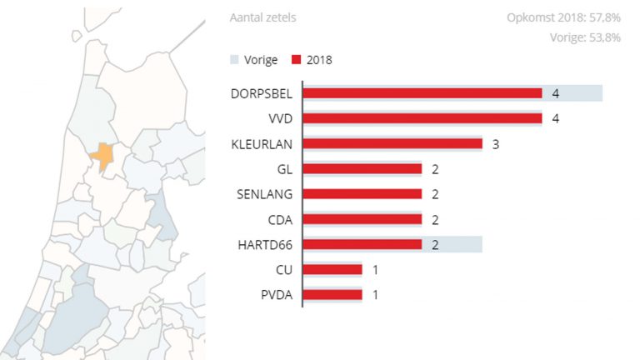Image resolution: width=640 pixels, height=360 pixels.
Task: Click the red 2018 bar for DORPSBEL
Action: [x=422, y=93]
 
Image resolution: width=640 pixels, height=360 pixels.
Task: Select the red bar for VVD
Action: [x=422, y=118]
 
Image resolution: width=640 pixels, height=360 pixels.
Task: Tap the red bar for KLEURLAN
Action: [x=392, y=143]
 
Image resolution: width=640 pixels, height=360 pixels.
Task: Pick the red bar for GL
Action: [x=362, y=169]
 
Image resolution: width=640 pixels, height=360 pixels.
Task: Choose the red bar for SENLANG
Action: [x=362, y=194]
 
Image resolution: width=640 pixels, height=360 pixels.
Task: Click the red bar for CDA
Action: [x=362, y=219]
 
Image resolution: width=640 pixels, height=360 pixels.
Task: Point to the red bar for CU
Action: [x=332, y=269]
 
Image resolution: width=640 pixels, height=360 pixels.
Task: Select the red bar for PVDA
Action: [x=332, y=294]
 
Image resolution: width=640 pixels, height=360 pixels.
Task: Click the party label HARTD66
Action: [x=264, y=245]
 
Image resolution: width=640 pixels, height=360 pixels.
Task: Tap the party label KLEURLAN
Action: [x=262, y=144]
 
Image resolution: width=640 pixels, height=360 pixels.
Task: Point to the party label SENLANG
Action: [x=266, y=194]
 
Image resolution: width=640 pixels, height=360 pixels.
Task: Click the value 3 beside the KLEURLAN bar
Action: [x=495, y=144]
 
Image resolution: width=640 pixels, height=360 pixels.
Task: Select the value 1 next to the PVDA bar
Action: [x=375, y=294]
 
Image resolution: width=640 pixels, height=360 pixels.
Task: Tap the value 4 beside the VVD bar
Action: [x=555, y=118]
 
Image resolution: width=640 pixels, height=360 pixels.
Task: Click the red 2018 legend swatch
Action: [x=296, y=60]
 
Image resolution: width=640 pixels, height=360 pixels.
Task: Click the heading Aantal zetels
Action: [x=262, y=17]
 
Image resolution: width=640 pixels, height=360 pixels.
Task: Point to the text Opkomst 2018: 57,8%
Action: [x=563, y=17]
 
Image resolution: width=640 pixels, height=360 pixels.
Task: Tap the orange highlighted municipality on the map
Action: [x=102, y=156]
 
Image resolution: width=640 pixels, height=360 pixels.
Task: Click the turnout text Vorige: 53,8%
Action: [x=585, y=37]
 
